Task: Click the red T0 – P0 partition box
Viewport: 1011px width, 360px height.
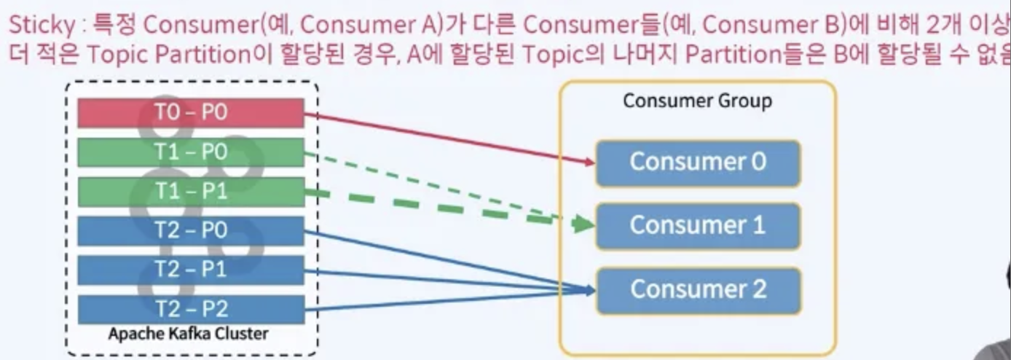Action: [191, 113]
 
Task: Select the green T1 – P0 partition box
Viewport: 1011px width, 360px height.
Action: [191, 152]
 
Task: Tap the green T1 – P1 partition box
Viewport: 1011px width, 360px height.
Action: [191, 192]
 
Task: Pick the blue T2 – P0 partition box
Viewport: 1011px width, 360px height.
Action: [191, 231]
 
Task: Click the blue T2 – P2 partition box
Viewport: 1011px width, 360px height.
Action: [191, 309]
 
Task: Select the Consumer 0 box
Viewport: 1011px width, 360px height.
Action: [698, 162]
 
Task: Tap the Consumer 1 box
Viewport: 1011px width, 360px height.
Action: [698, 225]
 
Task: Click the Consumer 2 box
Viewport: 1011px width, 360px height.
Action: [698, 289]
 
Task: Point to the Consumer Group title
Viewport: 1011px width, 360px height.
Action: [697, 101]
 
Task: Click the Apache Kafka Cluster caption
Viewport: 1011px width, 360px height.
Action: [188, 334]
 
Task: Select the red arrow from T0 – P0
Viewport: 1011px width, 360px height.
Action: [437, 136]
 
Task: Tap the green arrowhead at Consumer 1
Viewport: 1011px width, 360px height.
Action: [583, 224]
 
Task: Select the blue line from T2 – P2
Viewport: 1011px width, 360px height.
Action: [437, 301]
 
